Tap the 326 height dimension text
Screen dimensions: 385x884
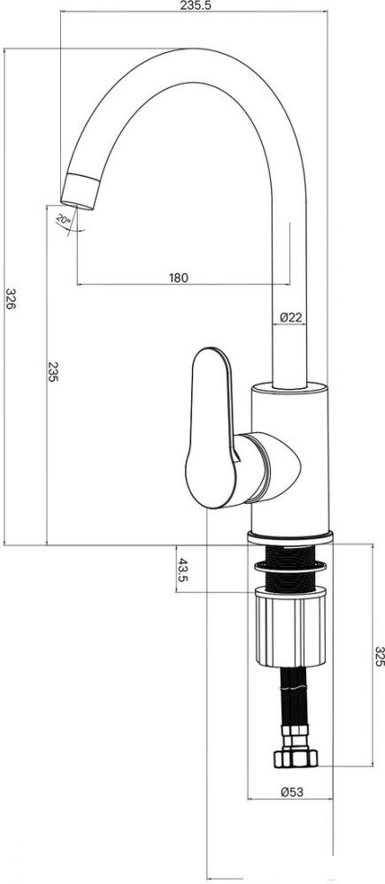(x=11, y=298)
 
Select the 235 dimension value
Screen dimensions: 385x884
(x=52, y=372)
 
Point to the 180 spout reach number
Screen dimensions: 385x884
(x=179, y=278)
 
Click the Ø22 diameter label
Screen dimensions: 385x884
(x=290, y=317)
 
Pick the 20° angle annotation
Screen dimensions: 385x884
(x=63, y=219)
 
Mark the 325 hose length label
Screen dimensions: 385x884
(x=380, y=656)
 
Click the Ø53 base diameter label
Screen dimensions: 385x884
(x=292, y=791)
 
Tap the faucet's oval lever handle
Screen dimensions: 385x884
(x=209, y=427)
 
